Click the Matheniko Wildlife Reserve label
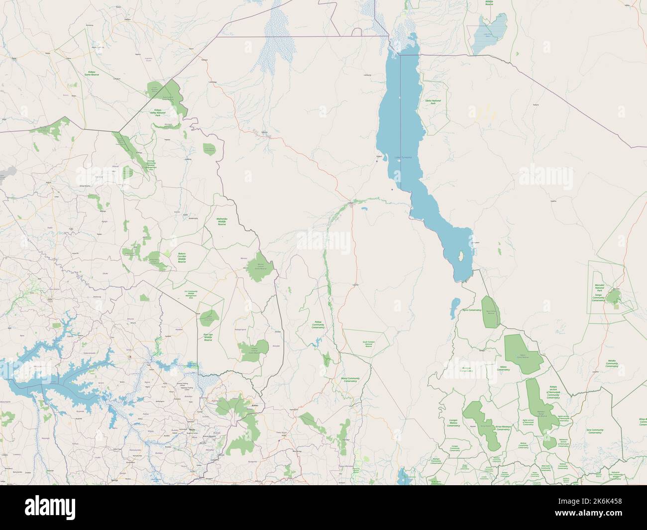222,221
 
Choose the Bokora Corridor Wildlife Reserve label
182,257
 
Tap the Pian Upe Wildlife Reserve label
208,337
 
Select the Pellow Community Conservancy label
318,325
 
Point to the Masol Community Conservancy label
353,380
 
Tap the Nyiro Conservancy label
471,310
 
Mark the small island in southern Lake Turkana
462,257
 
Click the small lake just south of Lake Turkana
454,309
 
